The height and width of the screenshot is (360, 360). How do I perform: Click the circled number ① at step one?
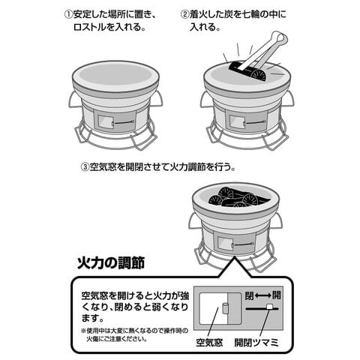tap(68, 14)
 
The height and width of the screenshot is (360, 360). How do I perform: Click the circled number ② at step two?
tap(185, 14)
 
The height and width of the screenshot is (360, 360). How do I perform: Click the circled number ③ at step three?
tap(85, 166)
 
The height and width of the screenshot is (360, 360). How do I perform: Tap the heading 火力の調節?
tap(111, 263)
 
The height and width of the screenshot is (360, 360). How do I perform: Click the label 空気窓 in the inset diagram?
tap(209, 343)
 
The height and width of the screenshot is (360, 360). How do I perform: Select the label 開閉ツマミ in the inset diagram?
tap(256, 343)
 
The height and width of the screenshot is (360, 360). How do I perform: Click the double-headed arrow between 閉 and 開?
tap(262, 296)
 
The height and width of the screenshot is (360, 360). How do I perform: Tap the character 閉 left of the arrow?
tap(249, 296)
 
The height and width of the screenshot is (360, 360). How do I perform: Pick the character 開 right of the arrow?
tap(276, 296)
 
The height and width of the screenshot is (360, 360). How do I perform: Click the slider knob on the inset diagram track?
tap(269, 307)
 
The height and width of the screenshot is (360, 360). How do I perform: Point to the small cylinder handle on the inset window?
tap(224, 308)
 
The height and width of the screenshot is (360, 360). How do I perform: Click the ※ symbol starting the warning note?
tap(83, 331)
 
